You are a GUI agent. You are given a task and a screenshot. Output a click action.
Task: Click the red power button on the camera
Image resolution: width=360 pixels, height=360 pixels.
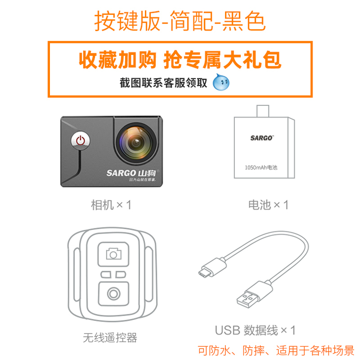[81, 140]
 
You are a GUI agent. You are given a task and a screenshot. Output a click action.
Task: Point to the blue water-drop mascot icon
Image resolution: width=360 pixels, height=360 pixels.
[221, 82]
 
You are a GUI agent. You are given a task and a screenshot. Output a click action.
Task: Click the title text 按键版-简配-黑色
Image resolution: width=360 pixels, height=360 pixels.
[180, 20]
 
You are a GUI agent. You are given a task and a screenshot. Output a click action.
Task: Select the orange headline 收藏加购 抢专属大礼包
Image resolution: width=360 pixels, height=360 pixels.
[180, 59]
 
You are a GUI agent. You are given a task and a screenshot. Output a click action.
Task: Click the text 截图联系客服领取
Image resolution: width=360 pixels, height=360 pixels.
[163, 83]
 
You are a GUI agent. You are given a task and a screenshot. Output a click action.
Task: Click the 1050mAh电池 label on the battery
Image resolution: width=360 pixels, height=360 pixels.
[261, 167]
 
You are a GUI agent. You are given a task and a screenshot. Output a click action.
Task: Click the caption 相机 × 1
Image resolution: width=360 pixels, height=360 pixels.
[111, 204]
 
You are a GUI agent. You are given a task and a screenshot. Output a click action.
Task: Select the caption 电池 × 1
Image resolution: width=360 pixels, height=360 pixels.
[268, 204]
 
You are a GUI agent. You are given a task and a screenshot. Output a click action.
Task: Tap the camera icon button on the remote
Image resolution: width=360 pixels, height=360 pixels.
[114, 254]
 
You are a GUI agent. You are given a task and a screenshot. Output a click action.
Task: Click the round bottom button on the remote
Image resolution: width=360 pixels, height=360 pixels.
[114, 293]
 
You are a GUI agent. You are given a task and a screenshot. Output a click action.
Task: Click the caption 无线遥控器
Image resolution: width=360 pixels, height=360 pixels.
[110, 338]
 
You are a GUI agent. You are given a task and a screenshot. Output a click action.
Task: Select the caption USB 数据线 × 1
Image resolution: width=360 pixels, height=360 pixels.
[255, 330]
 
